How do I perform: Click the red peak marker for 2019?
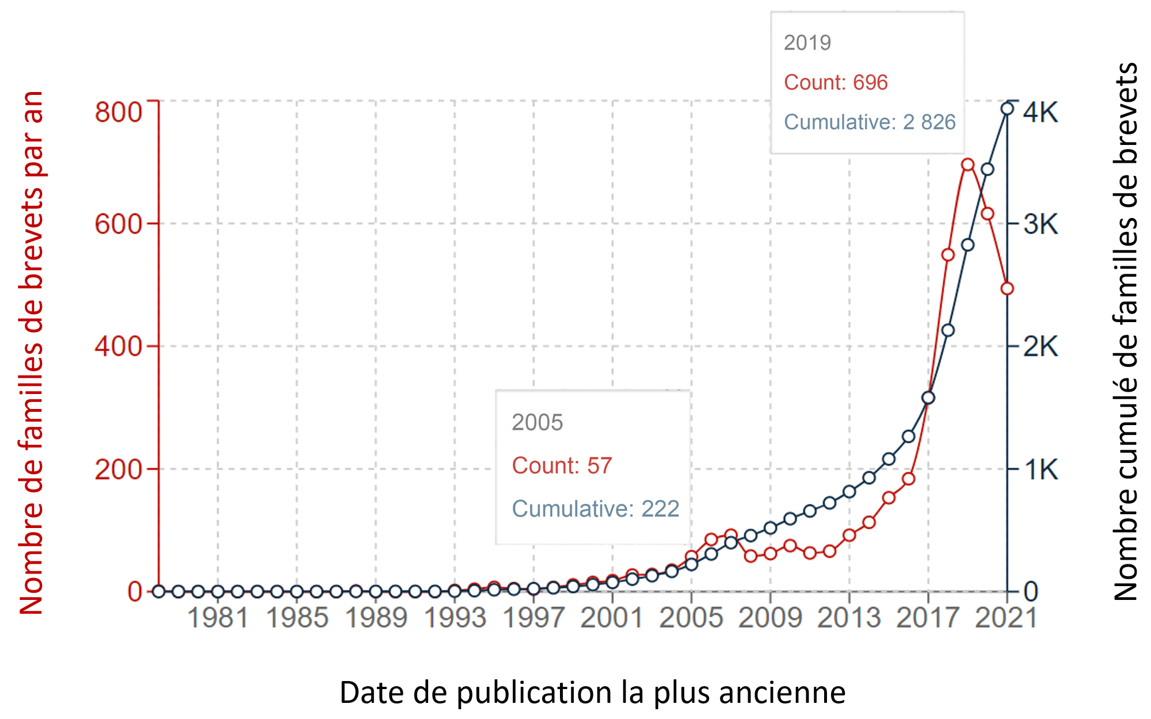point(967,165)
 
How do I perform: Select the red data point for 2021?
point(1007,289)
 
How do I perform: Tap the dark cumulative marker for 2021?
point(1007,109)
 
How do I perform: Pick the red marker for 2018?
point(948,254)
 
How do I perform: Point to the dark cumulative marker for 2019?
point(967,245)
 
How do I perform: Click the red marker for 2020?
point(987,213)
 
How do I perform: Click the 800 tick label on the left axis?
point(118,112)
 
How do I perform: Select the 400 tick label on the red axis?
point(118,347)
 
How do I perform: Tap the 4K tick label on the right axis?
point(1041,112)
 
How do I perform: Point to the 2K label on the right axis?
point(1041,347)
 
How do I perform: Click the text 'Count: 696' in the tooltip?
point(836,82)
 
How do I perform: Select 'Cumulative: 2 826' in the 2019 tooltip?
point(869,122)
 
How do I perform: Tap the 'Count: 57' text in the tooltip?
point(562,465)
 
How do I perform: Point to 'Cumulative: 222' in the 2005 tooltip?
point(596,508)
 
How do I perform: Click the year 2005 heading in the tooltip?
point(537,422)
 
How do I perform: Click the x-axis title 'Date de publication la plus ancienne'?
point(592,692)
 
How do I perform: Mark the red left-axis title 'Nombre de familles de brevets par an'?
point(32,352)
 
